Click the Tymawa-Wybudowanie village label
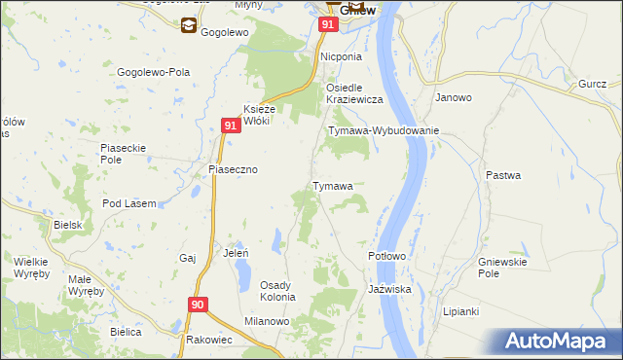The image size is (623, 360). click(384, 130)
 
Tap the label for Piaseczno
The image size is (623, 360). click(234, 169)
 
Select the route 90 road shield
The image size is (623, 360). click(198, 306)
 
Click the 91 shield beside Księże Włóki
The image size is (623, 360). click(231, 126)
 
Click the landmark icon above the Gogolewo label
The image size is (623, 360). click(187, 26)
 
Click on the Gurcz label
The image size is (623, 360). click(592, 86)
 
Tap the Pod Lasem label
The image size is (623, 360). click(129, 203)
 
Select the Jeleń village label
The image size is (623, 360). click(237, 253)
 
